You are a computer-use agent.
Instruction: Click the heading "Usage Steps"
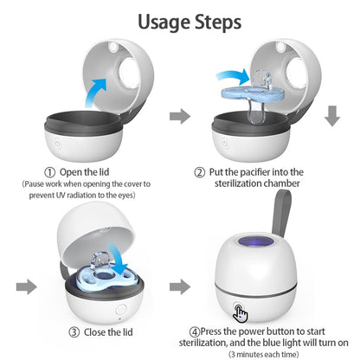tap(179, 20)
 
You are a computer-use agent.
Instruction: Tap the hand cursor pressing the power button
tap(241, 313)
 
